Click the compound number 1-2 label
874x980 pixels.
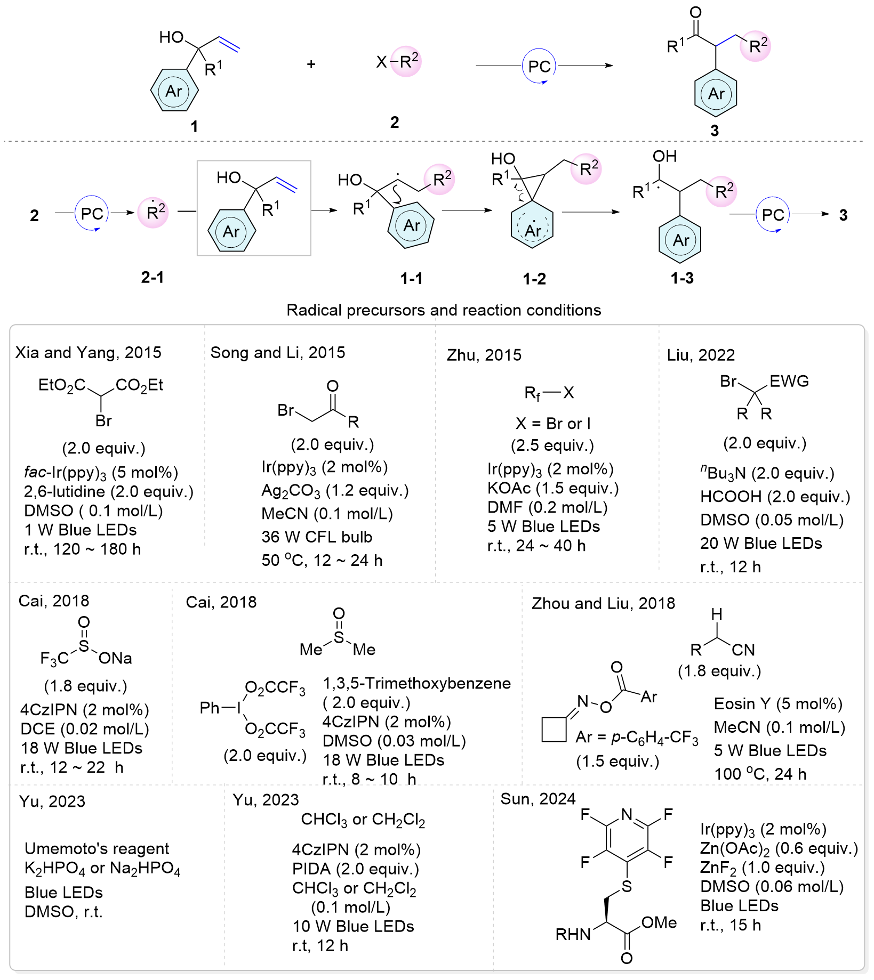tap(534, 279)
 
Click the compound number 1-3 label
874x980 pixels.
tap(682, 278)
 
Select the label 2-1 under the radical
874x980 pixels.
tap(153, 277)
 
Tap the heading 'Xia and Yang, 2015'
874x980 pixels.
tap(89, 353)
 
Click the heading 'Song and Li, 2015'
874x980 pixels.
tap(278, 353)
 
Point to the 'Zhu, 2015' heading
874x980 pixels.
tap(484, 355)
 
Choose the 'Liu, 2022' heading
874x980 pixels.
tap(701, 355)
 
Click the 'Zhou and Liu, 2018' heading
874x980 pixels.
tap(603, 603)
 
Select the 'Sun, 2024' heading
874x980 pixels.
tap(538, 799)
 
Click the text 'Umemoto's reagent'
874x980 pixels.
tap(97, 848)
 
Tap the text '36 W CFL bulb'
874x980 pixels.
tap(317, 537)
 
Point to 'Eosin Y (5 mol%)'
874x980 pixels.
tap(778, 704)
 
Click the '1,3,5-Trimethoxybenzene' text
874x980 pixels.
tap(417, 684)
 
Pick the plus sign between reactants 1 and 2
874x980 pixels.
tap(311, 64)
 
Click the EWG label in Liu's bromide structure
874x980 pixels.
tap(789, 381)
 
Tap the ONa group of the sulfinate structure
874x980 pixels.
tap(115, 659)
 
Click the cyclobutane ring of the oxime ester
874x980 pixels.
tap(554, 729)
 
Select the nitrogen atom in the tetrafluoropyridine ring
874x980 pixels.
tap(627, 815)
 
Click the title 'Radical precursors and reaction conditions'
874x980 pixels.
tap(444, 310)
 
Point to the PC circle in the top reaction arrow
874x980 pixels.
tap(539, 66)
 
